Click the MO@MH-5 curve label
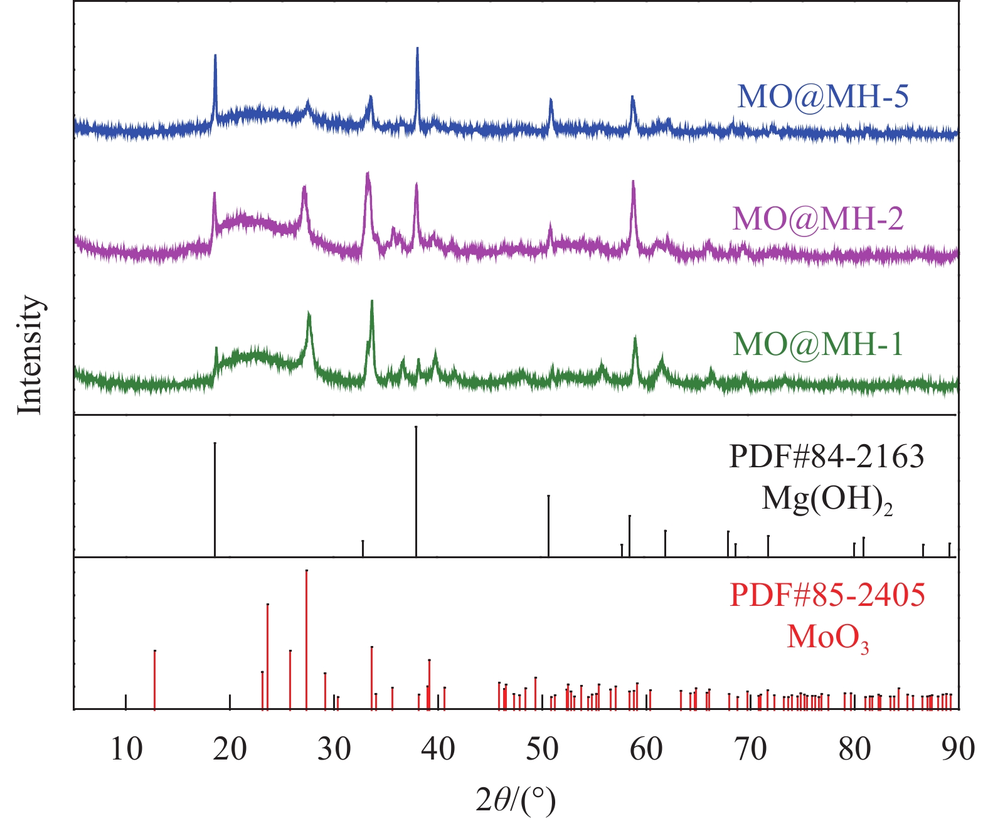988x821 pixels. [822, 97]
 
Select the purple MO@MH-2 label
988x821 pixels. [818, 219]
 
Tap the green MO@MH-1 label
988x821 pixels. [818, 344]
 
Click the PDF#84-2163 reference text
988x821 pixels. [826, 457]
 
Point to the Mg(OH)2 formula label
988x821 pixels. [826, 500]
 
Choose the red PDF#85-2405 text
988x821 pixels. [827, 595]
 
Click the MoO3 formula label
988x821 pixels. [827, 638]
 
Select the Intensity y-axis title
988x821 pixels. [29, 354]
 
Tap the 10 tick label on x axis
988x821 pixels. [126, 749]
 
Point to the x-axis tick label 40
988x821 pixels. [438, 749]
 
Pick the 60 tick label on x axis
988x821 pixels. [646, 749]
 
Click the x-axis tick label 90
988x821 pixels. [958, 749]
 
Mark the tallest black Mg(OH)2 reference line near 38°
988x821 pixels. [416, 489]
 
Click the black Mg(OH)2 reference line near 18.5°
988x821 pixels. [215, 499]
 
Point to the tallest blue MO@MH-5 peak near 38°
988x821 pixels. [417, 50]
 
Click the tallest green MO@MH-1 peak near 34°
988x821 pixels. [372, 303]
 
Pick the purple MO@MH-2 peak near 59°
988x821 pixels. [633, 183]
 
